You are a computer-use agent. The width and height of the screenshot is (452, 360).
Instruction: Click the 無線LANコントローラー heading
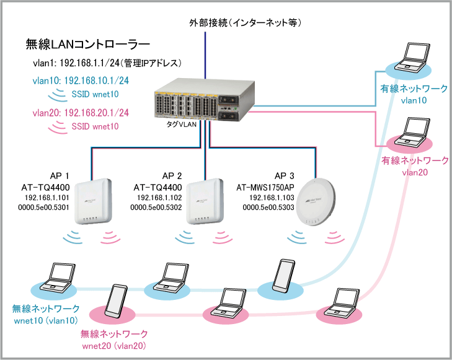click(88, 44)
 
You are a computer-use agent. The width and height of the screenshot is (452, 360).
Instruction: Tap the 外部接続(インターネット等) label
click(246, 22)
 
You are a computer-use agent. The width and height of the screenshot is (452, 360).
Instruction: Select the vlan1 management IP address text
click(107, 63)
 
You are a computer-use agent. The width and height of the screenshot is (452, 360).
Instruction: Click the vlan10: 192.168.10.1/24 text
click(81, 81)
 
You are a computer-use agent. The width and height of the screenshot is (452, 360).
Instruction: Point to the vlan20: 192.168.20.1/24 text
click(81, 113)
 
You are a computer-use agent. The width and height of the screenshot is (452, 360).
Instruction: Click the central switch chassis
click(205, 99)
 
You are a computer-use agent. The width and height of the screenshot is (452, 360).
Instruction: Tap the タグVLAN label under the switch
click(181, 125)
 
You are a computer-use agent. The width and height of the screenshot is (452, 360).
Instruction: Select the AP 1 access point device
click(93, 201)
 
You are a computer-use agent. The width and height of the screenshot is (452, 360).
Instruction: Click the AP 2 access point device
click(205, 201)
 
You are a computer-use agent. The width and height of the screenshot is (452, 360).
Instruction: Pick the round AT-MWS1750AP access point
click(316, 202)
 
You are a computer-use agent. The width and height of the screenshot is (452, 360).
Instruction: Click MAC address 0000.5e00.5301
click(43, 208)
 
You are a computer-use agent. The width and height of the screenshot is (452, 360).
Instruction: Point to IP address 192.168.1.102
click(159, 198)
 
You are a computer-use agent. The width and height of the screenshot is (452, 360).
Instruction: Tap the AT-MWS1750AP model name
click(265, 188)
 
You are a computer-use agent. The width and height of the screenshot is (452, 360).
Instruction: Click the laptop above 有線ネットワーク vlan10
click(412, 58)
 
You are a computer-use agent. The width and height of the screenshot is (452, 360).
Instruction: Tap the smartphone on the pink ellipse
click(116, 301)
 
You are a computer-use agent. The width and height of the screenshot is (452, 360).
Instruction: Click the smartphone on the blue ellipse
click(284, 276)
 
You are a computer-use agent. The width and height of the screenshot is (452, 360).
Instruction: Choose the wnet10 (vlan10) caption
click(46, 320)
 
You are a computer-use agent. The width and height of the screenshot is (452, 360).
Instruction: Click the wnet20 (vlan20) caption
click(114, 346)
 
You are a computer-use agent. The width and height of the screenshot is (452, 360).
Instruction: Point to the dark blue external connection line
click(205, 55)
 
